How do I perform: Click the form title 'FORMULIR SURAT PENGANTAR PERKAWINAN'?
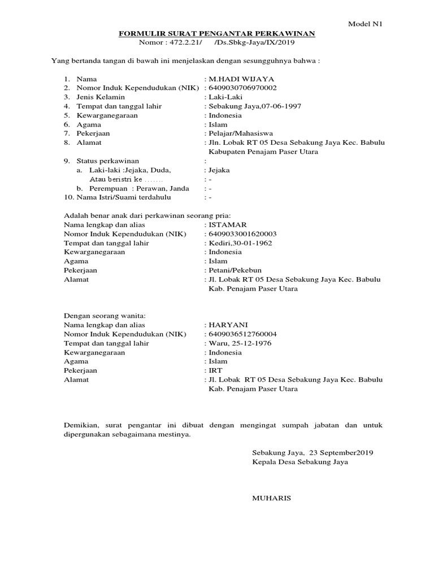(217, 33)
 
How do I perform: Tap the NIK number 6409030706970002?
(243, 88)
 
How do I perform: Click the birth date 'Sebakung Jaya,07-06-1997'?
(249, 106)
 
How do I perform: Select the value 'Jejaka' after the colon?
(219, 170)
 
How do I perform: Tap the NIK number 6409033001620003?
(243, 234)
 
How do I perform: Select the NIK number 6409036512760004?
(243, 334)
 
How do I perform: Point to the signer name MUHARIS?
(271, 499)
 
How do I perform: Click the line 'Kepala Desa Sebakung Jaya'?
(300, 462)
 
